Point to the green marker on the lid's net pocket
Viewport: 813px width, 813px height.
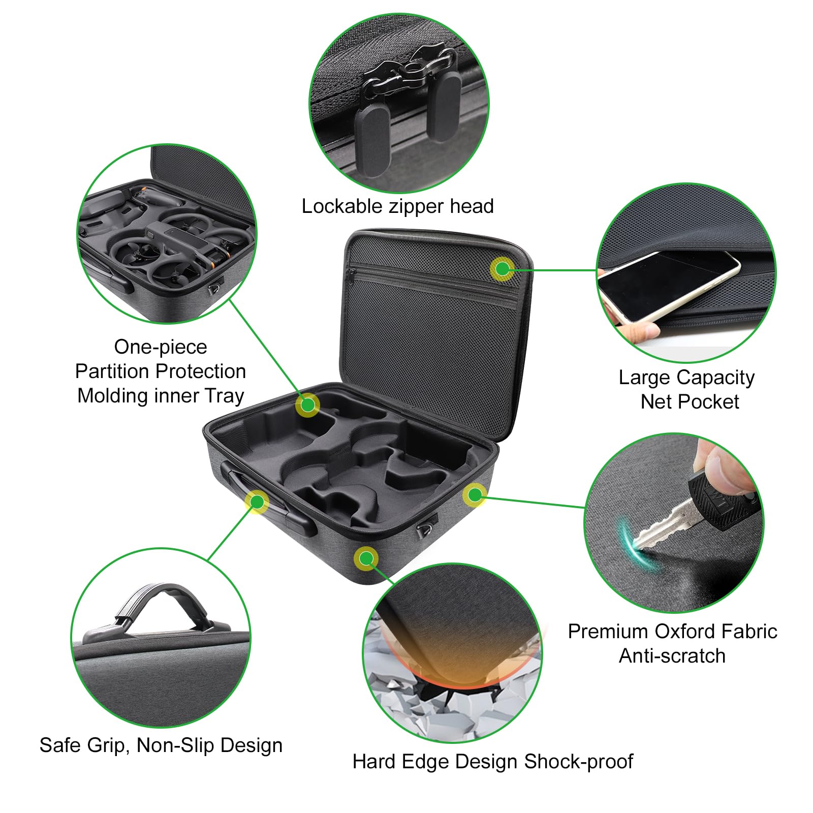[x=503, y=269]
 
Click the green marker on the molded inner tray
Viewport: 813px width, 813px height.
[x=307, y=405]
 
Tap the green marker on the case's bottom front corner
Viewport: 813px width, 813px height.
[x=366, y=559]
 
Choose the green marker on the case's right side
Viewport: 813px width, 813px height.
[x=475, y=494]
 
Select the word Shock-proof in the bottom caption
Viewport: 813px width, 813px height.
[x=578, y=762]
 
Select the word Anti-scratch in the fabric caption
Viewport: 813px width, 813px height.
[x=672, y=656]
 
